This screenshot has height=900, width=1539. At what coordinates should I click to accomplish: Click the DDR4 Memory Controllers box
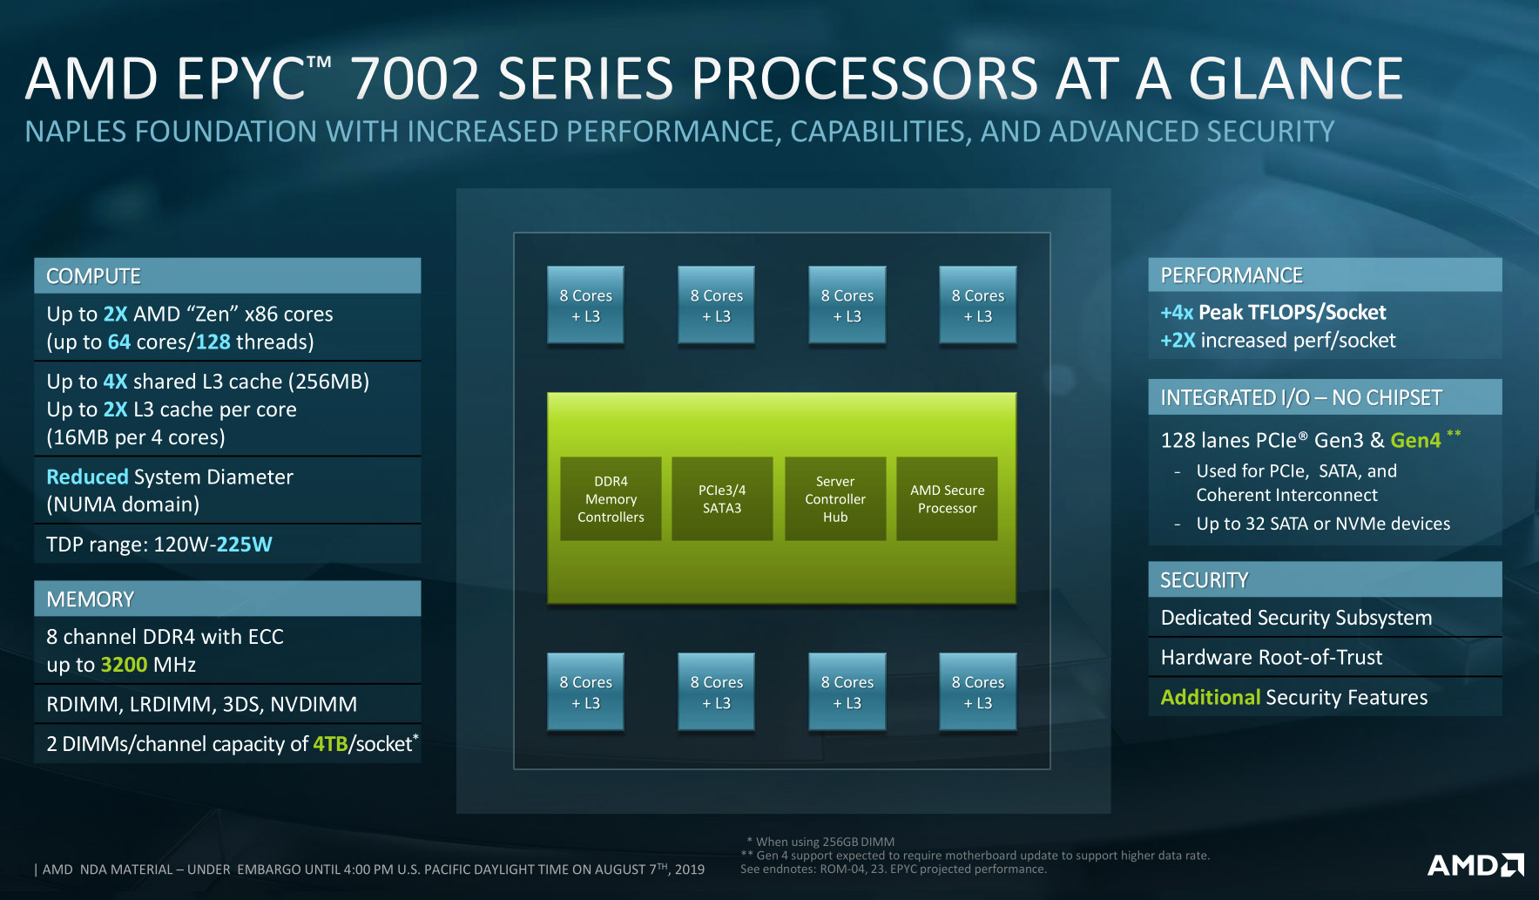point(611,498)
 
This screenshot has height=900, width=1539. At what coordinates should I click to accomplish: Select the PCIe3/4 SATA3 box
point(722,498)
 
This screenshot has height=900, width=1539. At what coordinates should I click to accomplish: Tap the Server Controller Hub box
point(834,498)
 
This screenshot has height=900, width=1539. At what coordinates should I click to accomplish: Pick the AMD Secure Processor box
point(947,498)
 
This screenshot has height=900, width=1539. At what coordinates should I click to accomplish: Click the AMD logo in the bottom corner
point(1475,865)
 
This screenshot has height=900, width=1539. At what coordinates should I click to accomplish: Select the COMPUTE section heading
point(93,276)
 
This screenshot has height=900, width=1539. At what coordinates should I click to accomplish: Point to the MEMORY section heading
point(90,599)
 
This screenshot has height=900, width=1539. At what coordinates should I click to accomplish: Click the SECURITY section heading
point(1204,580)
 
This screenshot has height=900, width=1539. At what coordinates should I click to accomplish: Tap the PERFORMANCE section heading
point(1231,275)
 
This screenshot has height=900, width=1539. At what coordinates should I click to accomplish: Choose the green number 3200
point(124,665)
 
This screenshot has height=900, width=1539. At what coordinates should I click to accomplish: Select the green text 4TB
point(330,744)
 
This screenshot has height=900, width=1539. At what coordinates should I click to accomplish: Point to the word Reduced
point(87,477)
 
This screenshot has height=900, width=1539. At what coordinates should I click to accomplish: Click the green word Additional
point(1210,697)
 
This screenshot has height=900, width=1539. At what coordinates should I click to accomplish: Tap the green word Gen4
point(1415,440)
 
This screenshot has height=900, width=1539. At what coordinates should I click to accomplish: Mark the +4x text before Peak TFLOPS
point(1177,312)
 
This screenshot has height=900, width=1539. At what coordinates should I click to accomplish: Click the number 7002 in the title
point(415,78)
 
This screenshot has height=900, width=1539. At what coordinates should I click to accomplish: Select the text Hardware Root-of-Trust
point(1271,657)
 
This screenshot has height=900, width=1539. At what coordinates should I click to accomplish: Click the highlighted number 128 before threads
point(213,342)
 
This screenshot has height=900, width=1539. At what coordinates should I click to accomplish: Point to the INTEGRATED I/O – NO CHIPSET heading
point(1300,397)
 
